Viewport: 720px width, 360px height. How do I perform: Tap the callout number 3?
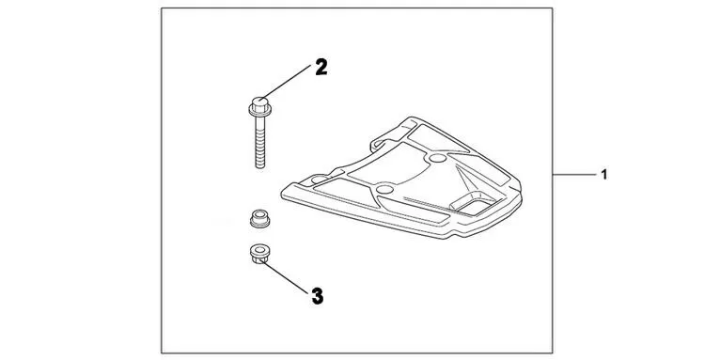click(317, 295)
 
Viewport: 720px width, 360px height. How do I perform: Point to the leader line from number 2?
click(290, 80)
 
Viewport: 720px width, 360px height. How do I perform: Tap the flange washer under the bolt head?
click(258, 111)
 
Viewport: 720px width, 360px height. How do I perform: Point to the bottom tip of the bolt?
click(258, 168)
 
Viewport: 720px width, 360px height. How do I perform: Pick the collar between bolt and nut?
click(258, 218)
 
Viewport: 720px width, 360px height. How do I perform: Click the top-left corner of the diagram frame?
click(159, 8)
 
